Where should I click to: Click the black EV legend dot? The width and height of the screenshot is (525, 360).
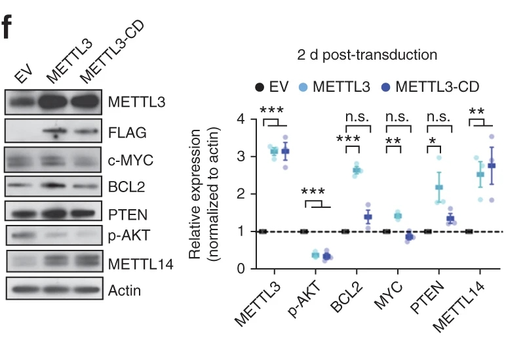260,87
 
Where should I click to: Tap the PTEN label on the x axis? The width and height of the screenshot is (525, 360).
428,299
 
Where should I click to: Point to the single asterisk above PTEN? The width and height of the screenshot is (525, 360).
433,142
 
